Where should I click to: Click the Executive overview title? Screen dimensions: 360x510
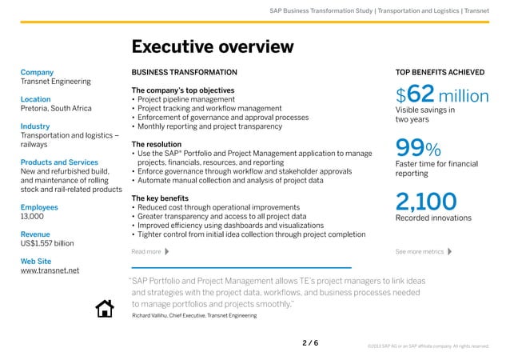[212, 47]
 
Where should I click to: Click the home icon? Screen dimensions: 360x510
[105, 308]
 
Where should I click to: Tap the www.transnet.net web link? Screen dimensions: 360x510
[49, 270]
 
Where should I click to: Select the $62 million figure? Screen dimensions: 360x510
[442, 97]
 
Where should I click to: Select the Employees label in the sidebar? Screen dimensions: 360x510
[38, 206]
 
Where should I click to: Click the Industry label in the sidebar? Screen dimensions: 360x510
[35, 126]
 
